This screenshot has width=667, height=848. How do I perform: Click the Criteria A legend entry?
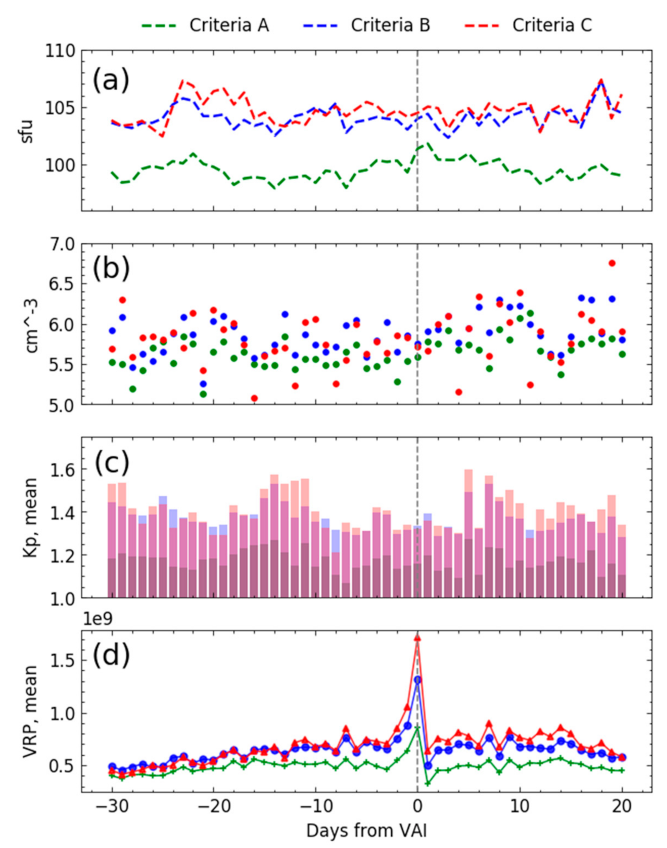tap(205, 25)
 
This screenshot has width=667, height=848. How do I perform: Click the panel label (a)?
tap(110, 81)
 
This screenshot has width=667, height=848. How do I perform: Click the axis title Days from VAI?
tap(366, 831)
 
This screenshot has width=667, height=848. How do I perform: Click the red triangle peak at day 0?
tap(417, 637)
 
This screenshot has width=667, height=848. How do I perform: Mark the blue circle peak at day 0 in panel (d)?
tap(417, 680)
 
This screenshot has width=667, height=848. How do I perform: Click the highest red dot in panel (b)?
tap(612, 263)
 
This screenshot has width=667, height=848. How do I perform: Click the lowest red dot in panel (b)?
tap(254, 398)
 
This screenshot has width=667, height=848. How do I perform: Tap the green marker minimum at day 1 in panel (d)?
tap(428, 783)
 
